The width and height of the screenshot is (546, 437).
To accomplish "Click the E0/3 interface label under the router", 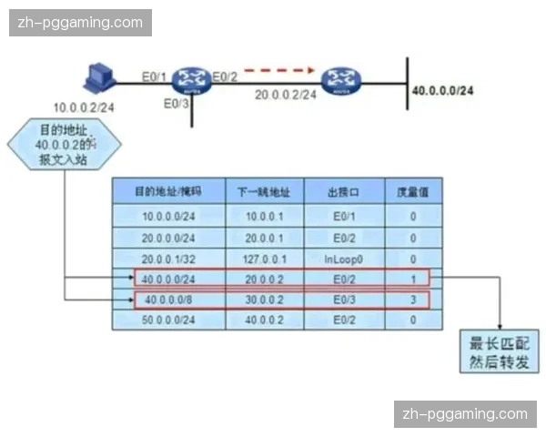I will pos(177,104).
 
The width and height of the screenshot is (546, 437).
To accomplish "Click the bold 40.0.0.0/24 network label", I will pos(443,90).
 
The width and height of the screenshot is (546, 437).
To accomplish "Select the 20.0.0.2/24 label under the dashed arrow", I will pos(286,93).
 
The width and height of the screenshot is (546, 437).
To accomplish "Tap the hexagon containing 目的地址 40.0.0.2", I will pos(64,145).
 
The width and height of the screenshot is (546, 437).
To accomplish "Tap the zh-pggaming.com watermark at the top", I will pos(80,22).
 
